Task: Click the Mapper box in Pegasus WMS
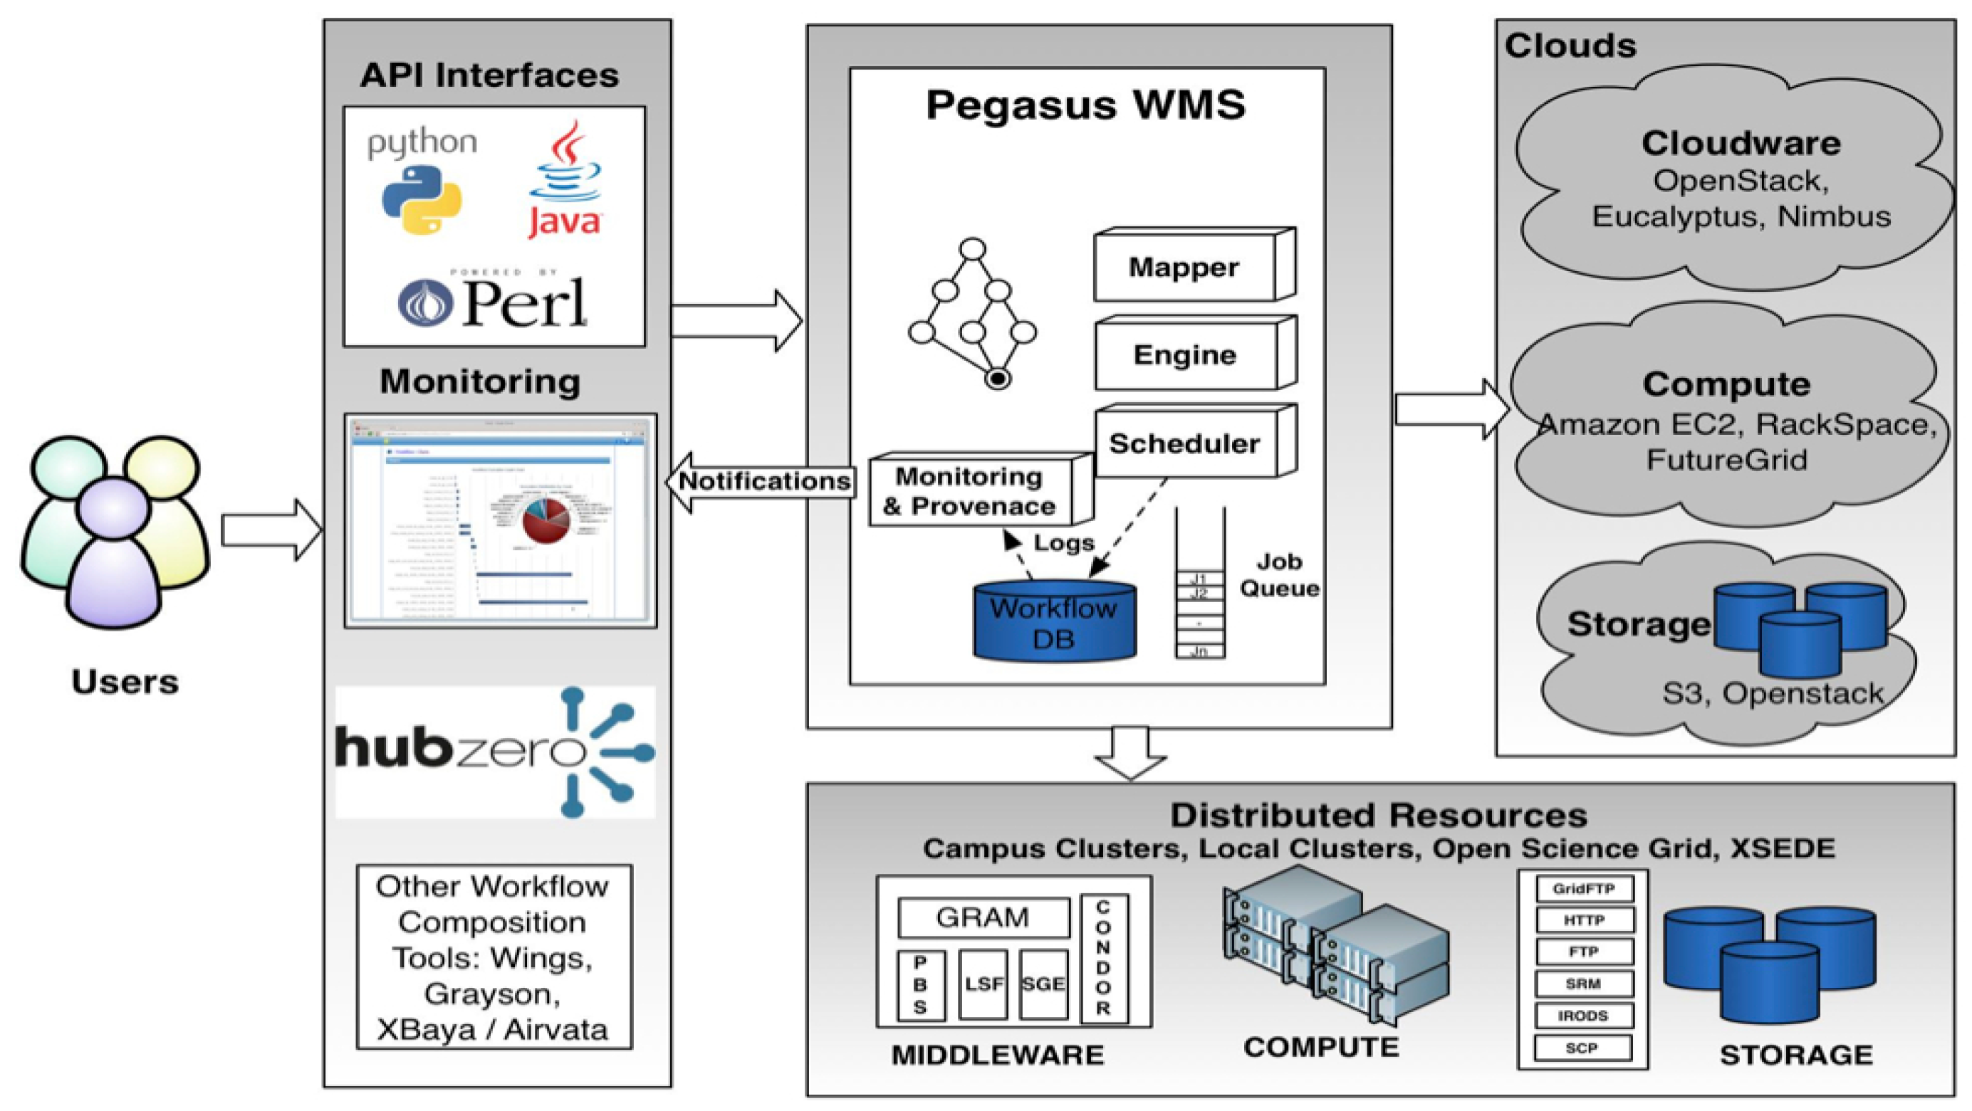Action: pyautogui.click(x=1184, y=267)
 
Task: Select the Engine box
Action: pyautogui.click(x=1185, y=356)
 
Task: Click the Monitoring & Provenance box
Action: pyautogui.click(x=971, y=492)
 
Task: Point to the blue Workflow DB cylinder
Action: pyautogui.click(x=1054, y=621)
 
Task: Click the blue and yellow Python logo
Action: pyautogui.click(x=422, y=200)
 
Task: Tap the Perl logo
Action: pyautogui.click(x=494, y=302)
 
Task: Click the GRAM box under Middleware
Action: pyautogui.click(x=983, y=917)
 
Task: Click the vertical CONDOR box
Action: pyautogui.click(x=1103, y=958)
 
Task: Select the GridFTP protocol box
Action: pyautogui.click(x=1584, y=889)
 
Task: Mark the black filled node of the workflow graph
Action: pyautogui.click(x=998, y=378)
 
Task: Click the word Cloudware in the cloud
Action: pyautogui.click(x=1741, y=144)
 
